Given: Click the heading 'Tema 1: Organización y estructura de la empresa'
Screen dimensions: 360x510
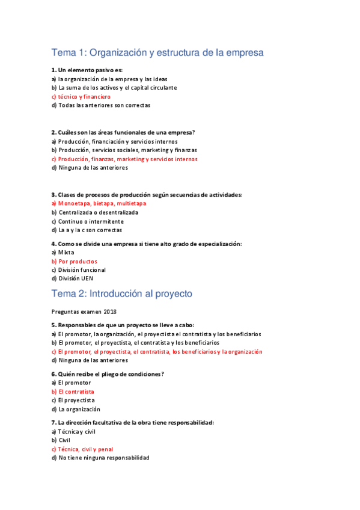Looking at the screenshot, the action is [157, 53].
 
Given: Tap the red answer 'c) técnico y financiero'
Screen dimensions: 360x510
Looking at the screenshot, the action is [81, 96].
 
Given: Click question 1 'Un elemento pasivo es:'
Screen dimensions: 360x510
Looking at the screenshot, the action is [87, 70].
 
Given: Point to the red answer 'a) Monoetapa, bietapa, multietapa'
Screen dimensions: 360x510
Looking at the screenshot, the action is [99, 203].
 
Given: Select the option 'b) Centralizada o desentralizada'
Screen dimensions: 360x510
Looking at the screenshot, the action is [95, 212].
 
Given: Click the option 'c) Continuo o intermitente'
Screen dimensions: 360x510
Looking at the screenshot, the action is [88, 221].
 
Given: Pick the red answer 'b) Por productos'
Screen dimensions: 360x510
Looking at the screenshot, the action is [75, 262].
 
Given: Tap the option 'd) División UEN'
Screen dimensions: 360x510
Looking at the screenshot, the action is [72, 278].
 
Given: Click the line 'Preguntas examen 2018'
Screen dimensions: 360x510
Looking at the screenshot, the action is [84, 312].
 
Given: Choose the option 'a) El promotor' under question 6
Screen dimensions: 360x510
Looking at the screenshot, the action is [71, 382].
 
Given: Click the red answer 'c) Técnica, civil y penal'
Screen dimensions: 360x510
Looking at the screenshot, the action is [82, 449].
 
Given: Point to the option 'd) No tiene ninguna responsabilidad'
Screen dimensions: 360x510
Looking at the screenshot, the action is [100, 458].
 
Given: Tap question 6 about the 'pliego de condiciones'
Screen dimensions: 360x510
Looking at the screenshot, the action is [108, 374].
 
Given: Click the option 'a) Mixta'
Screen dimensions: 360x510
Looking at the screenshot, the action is [63, 253].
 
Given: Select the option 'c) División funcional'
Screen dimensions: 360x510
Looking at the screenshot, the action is [79, 270].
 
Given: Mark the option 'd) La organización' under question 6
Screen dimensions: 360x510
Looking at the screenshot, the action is [76, 409].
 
